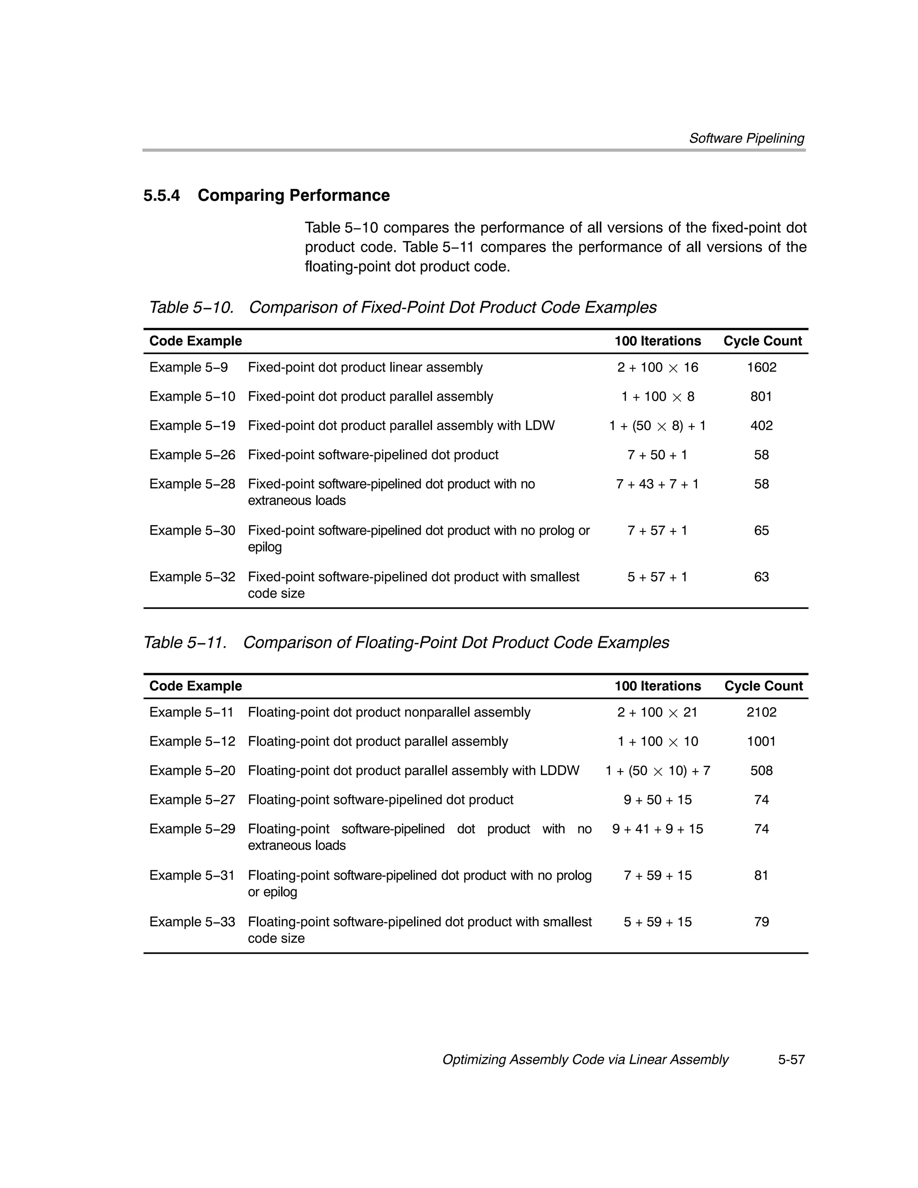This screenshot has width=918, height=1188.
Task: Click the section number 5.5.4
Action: coord(162,195)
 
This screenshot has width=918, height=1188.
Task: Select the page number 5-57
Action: coord(791,1060)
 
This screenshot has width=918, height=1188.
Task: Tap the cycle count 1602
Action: coord(761,368)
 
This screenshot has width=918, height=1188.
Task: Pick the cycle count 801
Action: coord(761,397)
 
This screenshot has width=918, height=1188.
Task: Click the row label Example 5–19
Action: coord(192,426)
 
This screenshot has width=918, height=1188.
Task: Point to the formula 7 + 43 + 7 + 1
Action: coord(657,484)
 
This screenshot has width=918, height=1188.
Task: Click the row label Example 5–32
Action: coord(192,577)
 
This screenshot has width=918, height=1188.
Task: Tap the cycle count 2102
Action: coord(761,713)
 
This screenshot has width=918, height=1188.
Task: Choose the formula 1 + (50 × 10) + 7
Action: coord(657,771)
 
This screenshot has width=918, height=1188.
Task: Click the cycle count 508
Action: coord(761,771)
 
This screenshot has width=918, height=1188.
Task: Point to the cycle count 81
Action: coord(761,875)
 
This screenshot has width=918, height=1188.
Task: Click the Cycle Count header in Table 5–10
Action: coord(762,341)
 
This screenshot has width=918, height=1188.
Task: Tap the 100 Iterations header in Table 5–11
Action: coord(657,686)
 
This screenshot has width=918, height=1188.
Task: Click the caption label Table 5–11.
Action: coord(185,643)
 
